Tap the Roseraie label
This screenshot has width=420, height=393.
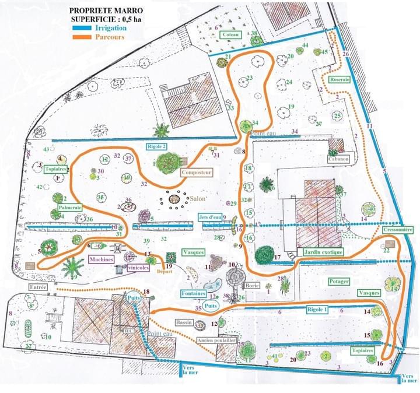coord(338,80)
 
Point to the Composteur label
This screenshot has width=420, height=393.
coord(195,173)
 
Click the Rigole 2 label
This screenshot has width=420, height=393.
coord(156,146)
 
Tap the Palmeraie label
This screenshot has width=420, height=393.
coord(69,207)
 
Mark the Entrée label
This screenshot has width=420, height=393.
coord(37,287)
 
